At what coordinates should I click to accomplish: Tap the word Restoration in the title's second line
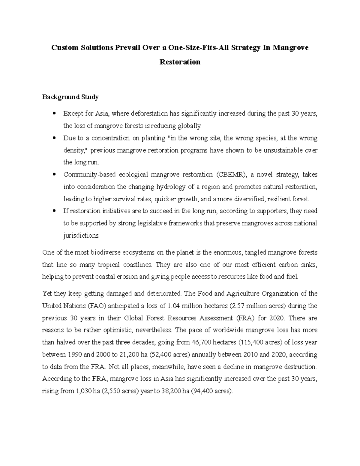coord(180,62)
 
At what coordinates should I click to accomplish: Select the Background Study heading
coord(70,97)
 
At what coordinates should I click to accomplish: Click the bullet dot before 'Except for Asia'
coord(54,114)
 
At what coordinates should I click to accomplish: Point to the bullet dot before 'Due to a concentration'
coord(54,138)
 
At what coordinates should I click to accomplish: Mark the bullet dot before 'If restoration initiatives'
coord(54,211)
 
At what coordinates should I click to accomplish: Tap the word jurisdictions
coord(81,236)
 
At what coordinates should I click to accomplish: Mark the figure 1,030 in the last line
coord(84,391)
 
